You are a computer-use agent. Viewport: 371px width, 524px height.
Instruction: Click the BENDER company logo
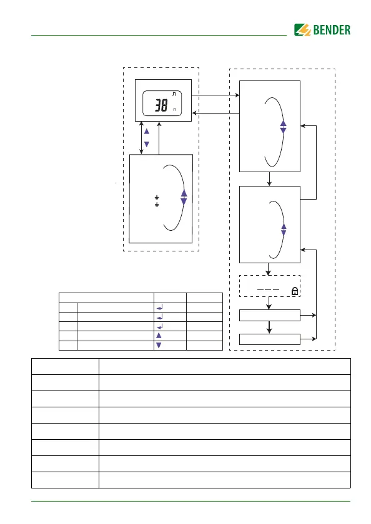(x=322, y=30)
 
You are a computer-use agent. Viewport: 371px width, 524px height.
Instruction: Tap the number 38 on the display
(x=161, y=105)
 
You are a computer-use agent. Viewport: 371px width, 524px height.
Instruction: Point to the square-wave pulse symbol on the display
(x=174, y=94)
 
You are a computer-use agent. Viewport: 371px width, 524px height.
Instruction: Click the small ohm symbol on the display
(x=175, y=109)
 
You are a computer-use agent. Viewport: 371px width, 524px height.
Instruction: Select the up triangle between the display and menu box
(x=147, y=132)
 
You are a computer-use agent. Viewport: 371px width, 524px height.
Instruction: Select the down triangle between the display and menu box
(x=147, y=144)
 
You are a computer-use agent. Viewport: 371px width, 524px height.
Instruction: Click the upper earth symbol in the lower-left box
(x=157, y=198)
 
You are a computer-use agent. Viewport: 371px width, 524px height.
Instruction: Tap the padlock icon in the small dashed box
(x=295, y=291)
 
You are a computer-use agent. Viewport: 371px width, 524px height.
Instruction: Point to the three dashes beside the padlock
(x=268, y=289)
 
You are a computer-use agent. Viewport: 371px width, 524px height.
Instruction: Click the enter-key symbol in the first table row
(x=159, y=308)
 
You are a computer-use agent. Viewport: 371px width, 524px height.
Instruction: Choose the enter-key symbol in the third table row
(x=159, y=326)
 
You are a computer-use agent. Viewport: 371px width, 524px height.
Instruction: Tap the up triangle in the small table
(x=159, y=336)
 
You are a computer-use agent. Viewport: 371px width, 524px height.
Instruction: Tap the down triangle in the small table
(x=159, y=345)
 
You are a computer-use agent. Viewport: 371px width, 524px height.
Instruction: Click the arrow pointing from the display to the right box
(x=215, y=95)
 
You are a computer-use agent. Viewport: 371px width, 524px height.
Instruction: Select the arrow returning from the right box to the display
(x=216, y=114)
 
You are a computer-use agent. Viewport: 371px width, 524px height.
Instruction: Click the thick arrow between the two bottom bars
(x=269, y=327)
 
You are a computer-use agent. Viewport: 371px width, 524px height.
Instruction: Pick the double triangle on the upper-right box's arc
(x=284, y=127)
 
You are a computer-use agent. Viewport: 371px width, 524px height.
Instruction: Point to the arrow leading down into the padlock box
(x=268, y=269)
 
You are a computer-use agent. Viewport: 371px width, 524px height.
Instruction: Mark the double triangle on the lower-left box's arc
(x=184, y=197)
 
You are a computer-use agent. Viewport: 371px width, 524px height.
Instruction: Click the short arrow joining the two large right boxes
(x=269, y=179)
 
